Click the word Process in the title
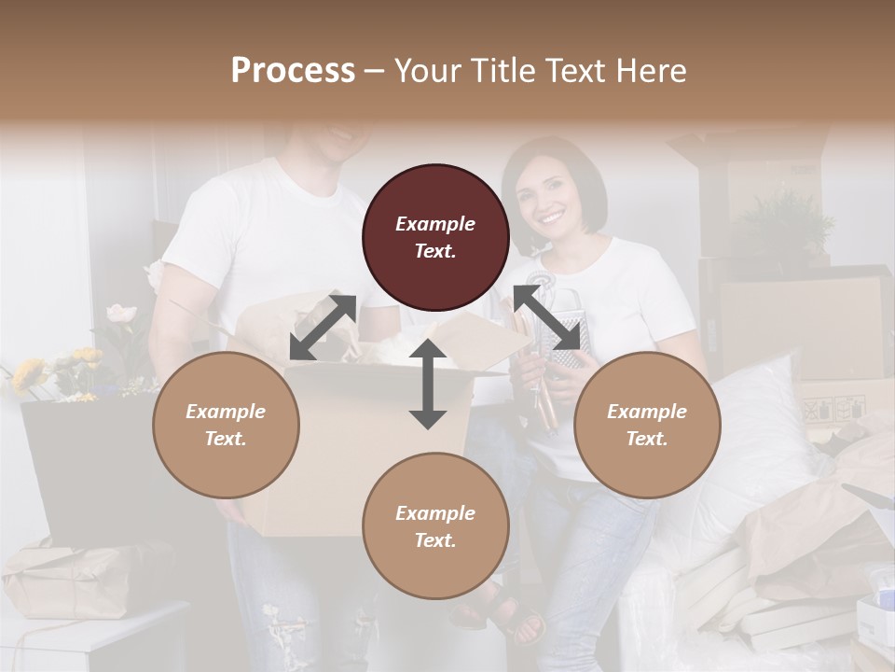pos(293,71)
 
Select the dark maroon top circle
pos(435,237)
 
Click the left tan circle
pos(226,425)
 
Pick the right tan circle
pos(646,425)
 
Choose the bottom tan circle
pos(435,525)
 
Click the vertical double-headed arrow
pos(428,384)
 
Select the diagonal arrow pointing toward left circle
pos(323,328)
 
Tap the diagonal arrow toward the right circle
pos(548,318)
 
